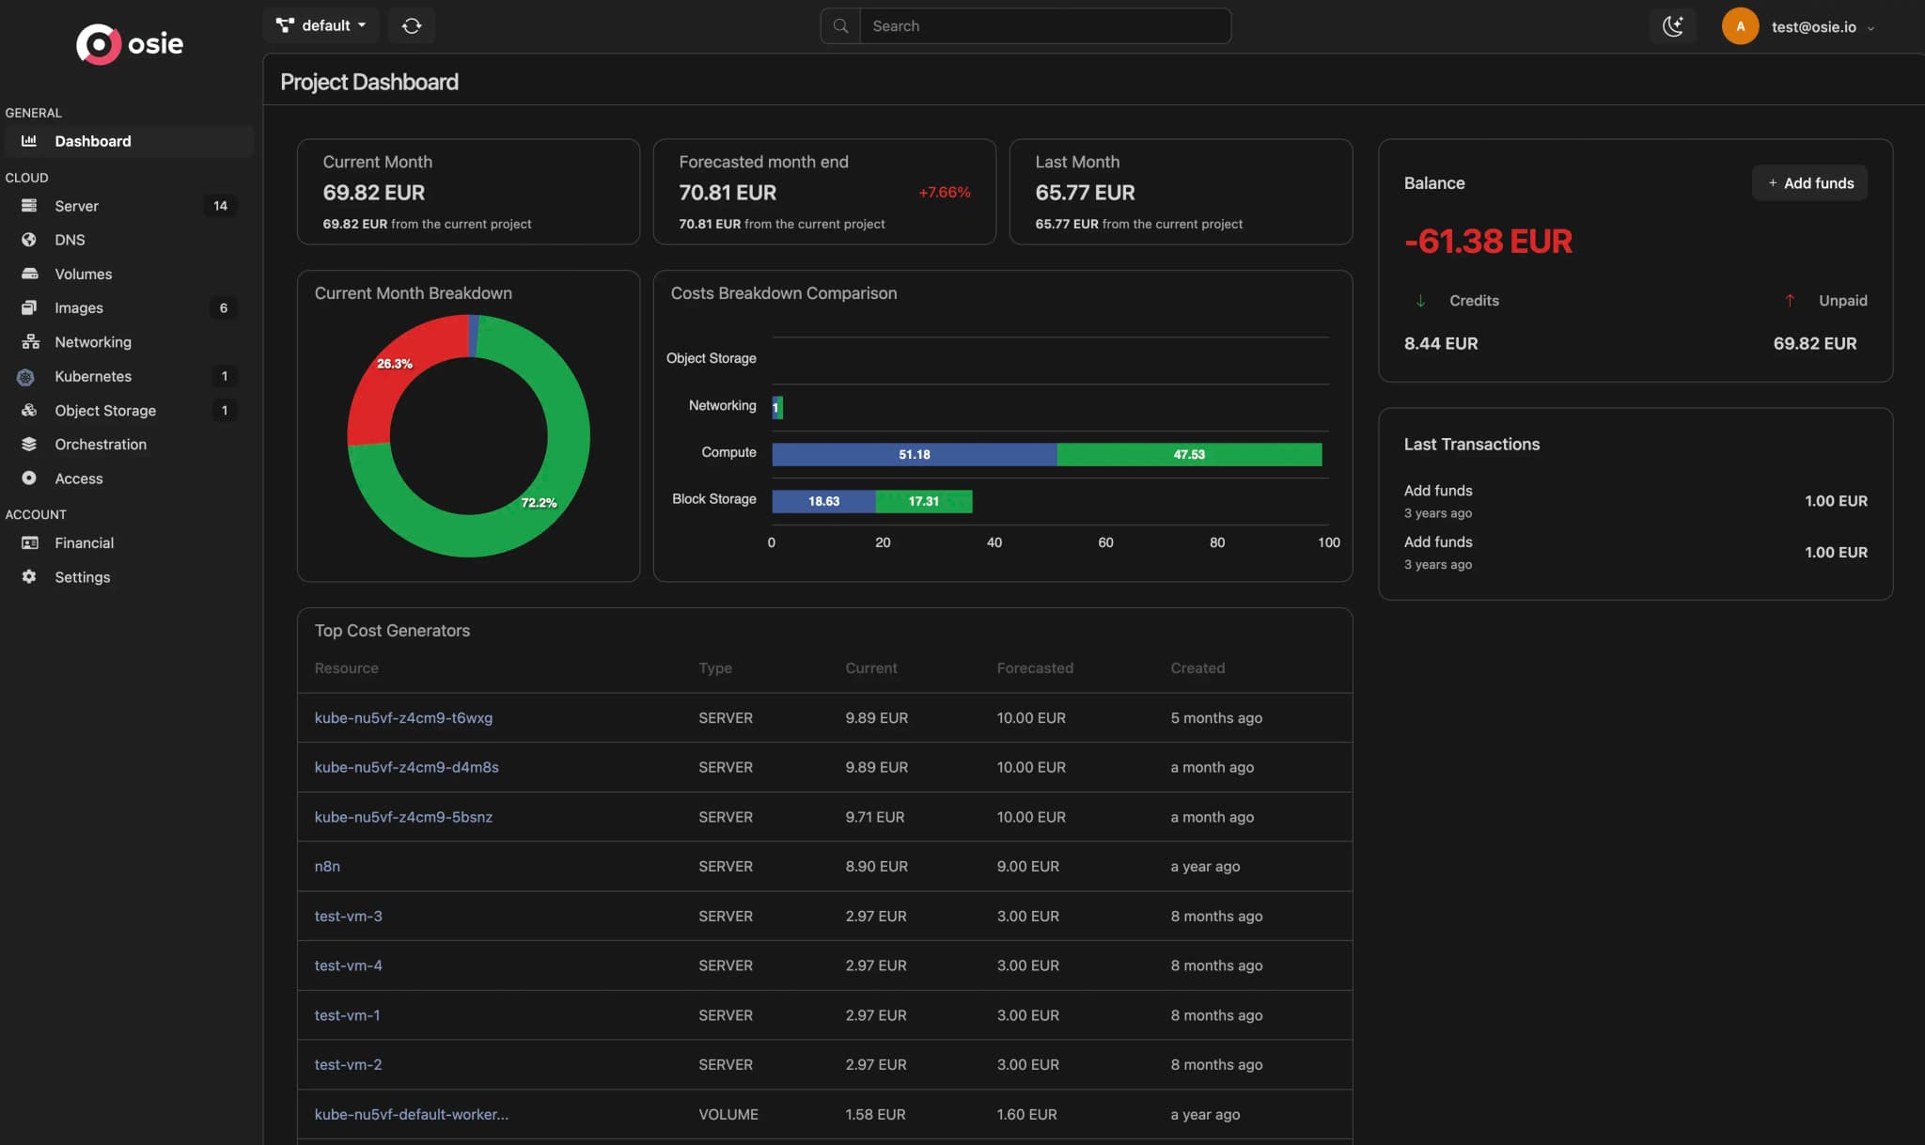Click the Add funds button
point(1809,183)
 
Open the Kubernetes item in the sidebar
point(93,376)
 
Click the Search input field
point(1043,26)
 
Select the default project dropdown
point(321,25)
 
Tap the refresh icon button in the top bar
point(412,25)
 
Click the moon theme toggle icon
point(1672,26)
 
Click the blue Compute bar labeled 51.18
point(914,455)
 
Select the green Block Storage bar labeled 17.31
point(923,502)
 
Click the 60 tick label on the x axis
point(1105,542)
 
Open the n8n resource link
point(327,867)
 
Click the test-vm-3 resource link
point(348,917)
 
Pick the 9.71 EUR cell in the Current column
point(874,817)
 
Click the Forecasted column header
point(1035,668)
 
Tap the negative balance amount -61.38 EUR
point(1487,242)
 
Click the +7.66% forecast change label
point(944,193)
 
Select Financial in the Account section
point(84,543)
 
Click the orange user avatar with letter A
point(1740,26)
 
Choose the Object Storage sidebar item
point(105,411)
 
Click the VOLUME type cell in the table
point(728,1115)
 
